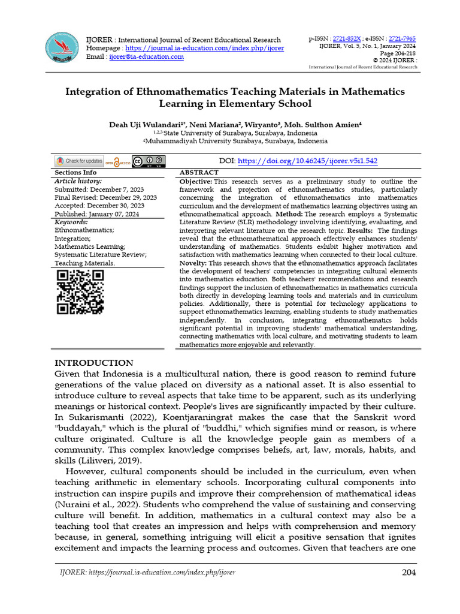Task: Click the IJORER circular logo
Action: (63, 47)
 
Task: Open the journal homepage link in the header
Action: (204, 48)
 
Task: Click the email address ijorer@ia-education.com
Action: (146, 56)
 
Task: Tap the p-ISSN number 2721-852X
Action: (347, 38)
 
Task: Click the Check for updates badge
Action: (79, 161)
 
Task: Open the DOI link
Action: (308, 161)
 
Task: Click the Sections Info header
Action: (75, 172)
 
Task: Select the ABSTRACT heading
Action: (199, 172)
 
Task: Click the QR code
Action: (80, 292)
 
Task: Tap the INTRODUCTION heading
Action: (94, 363)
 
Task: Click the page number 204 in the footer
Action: (408, 573)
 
